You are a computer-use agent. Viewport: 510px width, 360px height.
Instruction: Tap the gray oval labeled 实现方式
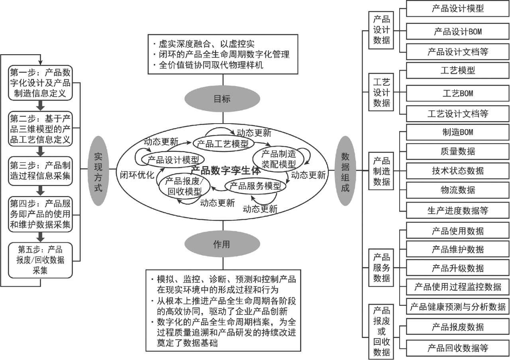(x=98, y=171)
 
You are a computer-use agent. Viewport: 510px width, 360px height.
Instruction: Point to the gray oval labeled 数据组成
(x=345, y=171)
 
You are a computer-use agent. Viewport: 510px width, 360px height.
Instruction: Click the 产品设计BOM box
(x=458, y=31)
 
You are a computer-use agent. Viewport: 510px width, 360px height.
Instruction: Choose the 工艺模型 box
(x=458, y=71)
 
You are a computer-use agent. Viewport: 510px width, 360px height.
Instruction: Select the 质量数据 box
(x=458, y=151)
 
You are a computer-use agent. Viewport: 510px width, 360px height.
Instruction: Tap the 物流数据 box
(x=458, y=190)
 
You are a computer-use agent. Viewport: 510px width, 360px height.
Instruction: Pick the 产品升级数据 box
(x=458, y=268)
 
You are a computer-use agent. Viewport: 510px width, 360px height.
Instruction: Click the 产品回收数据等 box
(x=458, y=348)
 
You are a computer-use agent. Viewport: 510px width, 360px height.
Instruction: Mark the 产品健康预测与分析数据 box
(x=458, y=307)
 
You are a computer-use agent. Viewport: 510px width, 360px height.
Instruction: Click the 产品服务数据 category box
(x=382, y=267)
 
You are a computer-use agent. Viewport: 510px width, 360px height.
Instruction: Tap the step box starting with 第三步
(x=40, y=171)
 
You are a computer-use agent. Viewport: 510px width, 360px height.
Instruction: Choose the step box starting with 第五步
(x=40, y=260)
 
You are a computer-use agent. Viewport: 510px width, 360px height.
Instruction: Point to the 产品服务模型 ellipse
(x=255, y=185)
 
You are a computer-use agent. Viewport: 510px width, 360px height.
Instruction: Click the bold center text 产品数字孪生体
(x=225, y=171)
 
